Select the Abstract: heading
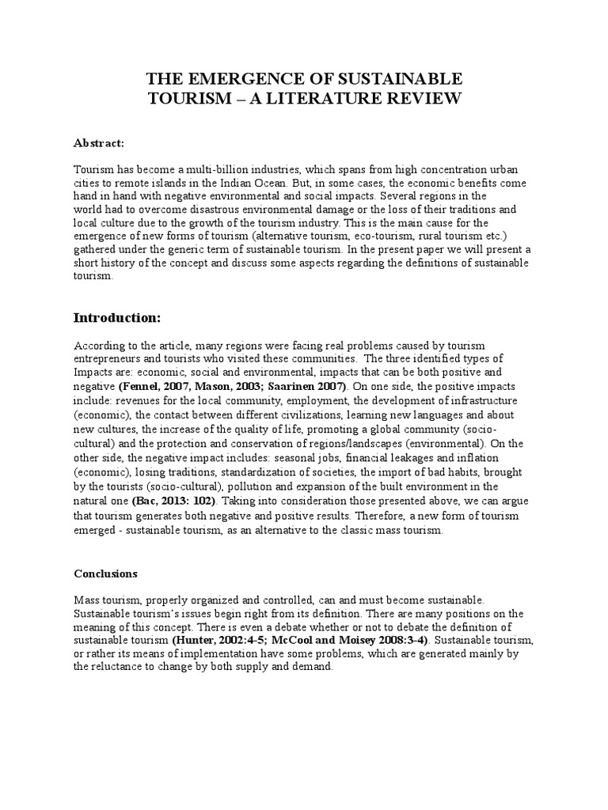click(99, 142)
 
